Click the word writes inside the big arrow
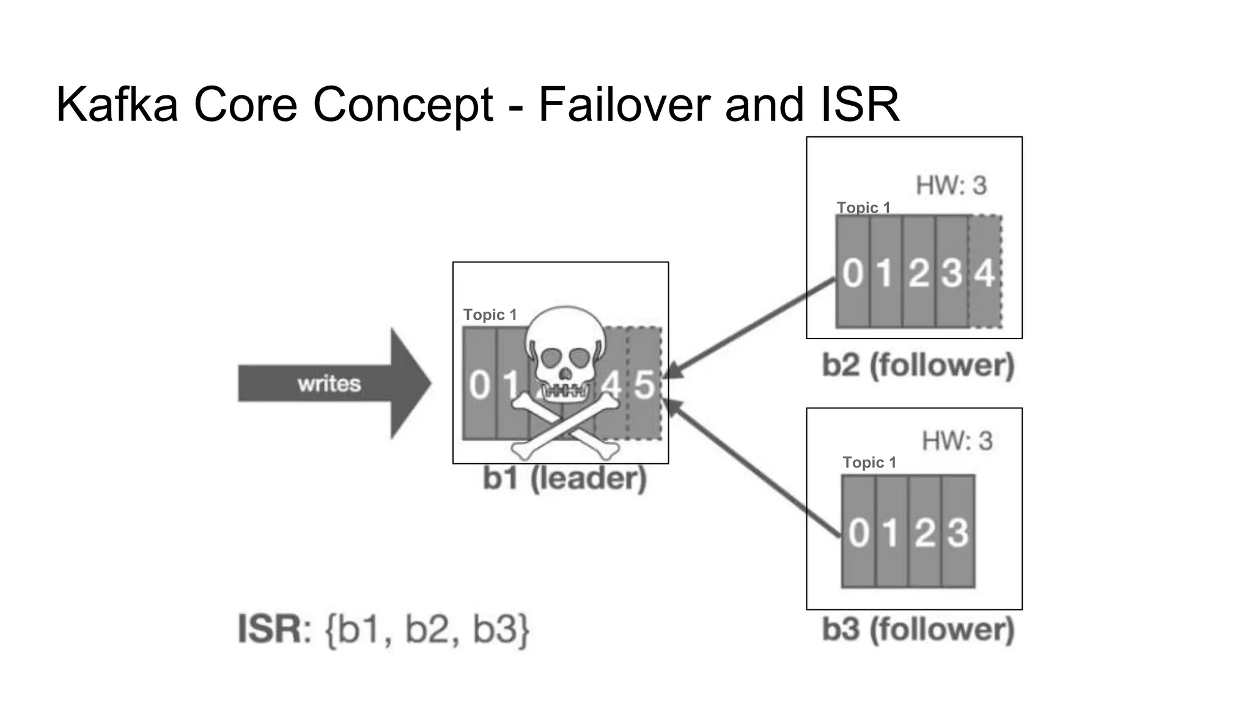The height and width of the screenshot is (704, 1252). [x=329, y=384]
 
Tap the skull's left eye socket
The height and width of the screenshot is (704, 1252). [x=553, y=358]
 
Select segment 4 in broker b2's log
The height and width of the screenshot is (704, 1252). [x=984, y=273]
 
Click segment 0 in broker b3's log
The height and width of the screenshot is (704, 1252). [x=858, y=532]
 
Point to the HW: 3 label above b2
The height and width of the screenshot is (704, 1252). [x=951, y=185]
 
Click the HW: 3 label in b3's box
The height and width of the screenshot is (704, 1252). [x=957, y=441]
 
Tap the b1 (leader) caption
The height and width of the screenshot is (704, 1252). [x=564, y=478]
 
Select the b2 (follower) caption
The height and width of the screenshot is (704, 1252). [x=918, y=365]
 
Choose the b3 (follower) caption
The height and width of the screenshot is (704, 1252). [x=918, y=629]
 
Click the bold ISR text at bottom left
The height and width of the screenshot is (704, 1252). [x=270, y=629]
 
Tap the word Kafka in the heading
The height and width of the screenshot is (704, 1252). [x=117, y=105]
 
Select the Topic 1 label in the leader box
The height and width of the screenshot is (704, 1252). [x=490, y=315]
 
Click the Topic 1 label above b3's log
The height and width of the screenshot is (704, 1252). [x=869, y=463]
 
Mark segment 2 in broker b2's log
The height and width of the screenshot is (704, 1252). [x=918, y=273]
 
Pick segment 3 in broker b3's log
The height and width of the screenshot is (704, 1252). [x=958, y=532]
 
